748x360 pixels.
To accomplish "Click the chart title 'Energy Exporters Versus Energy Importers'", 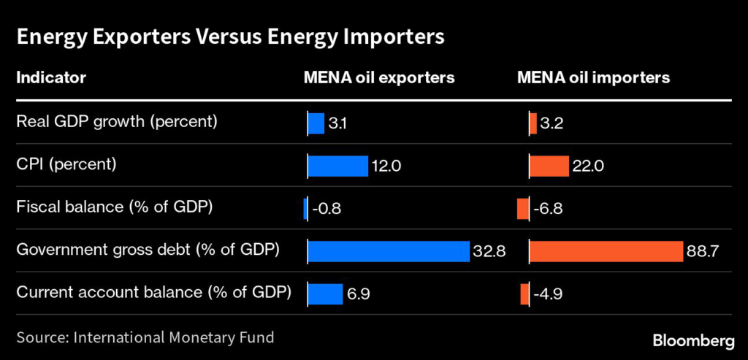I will (x=229, y=37).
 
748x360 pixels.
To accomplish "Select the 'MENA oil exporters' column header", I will (x=379, y=77).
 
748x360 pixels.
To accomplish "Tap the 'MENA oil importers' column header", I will (x=593, y=77).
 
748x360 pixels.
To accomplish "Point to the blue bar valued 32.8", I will (x=388, y=251).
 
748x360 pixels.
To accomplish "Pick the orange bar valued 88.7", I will (x=606, y=251).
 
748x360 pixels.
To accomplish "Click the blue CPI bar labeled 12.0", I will (x=337, y=166).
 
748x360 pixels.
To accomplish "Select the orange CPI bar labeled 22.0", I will (x=549, y=166).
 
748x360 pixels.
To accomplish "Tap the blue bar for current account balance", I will (x=325, y=294).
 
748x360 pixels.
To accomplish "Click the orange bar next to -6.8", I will (x=522, y=208).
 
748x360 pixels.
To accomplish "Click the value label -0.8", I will (x=327, y=209).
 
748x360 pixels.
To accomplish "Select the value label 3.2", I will (x=552, y=123).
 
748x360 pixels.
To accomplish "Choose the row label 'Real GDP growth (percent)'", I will (x=117, y=122).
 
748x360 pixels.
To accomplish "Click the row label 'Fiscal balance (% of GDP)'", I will (x=114, y=207).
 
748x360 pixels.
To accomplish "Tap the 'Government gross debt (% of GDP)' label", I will (x=148, y=250).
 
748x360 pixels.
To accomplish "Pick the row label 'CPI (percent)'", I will (x=66, y=164).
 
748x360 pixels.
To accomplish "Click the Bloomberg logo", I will (x=692, y=340).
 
